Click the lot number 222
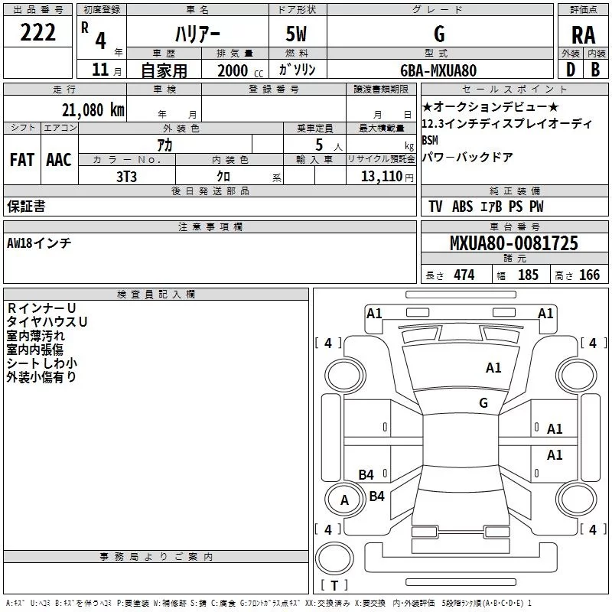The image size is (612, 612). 37,32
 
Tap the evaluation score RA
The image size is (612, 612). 583,34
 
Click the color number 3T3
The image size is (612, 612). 126,175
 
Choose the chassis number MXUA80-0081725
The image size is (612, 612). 514,243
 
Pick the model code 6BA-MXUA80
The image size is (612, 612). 438,70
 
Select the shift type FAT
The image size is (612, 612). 21,160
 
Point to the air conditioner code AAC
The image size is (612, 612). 58,160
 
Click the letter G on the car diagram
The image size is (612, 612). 483,402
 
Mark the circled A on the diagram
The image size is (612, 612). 344,500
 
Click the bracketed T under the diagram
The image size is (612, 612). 334,586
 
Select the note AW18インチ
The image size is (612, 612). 39,243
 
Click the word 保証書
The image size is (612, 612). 26,206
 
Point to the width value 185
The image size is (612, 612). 528,275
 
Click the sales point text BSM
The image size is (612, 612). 431,140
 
